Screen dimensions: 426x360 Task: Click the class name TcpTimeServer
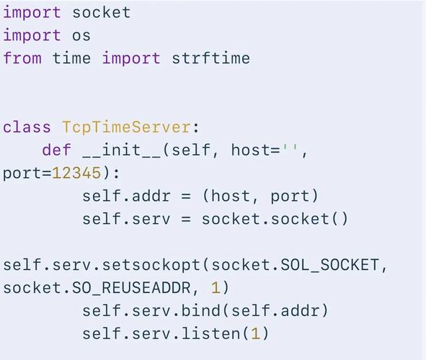126,127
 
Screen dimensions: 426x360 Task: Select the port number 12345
76,173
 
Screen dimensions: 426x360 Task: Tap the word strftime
210,58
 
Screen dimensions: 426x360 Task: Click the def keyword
57,150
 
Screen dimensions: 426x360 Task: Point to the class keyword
27,127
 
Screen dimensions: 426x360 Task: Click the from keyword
22,58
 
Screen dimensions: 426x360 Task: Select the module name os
81,36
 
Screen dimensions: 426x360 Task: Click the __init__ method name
121,150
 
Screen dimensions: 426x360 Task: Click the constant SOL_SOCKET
330,265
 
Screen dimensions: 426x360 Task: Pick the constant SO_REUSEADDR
131,288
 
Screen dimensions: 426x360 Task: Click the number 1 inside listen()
255,333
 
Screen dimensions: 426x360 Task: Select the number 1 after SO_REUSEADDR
216,288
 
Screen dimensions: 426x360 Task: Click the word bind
200,310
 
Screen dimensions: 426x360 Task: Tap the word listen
211,333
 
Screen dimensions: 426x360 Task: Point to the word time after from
71,58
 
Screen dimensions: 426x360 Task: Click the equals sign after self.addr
186,196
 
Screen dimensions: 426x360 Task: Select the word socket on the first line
102,12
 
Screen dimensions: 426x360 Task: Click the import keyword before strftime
131,58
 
